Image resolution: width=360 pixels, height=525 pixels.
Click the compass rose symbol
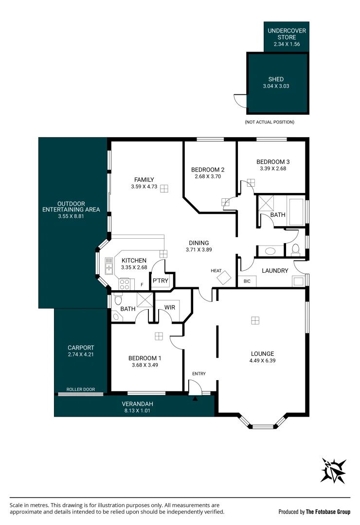(x=333, y=471)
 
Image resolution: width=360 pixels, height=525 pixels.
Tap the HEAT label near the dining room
(x=216, y=271)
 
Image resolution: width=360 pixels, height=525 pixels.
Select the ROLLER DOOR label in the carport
(x=81, y=389)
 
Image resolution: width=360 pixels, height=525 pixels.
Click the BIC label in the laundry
(x=247, y=281)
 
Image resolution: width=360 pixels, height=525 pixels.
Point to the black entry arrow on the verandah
(x=195, y=399)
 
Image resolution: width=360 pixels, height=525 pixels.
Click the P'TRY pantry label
(x=160, y=280)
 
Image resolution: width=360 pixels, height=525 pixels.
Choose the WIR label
(x=170, y=307)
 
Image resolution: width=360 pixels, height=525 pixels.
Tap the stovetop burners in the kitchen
(x=125, y=284)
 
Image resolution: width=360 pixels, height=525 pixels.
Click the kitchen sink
(x=109, y=266)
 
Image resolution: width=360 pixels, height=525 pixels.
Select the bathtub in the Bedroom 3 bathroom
(x=296, y=211)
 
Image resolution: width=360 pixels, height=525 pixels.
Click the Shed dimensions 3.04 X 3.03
(x=276, y=86)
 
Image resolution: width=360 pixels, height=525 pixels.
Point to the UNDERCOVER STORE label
(x=287, y=34)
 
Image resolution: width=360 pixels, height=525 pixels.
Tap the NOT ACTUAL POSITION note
(x=270, y=122)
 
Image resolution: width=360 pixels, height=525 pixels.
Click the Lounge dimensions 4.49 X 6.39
(x=262, y=361)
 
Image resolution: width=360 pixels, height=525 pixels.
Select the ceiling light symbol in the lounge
(x=255, y=320)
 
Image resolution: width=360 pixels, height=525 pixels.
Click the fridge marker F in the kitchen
(x=142, y=285)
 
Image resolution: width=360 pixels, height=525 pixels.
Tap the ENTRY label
(x=199, y=374)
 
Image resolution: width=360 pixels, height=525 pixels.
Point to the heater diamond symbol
(x=224, y=278)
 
